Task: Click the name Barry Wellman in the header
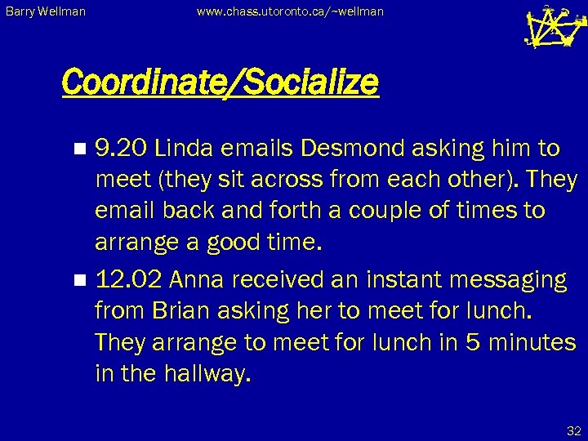point(47,12)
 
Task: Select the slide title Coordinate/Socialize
point(220,82)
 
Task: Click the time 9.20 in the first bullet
point(122,149)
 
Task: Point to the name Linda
point(184,149)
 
